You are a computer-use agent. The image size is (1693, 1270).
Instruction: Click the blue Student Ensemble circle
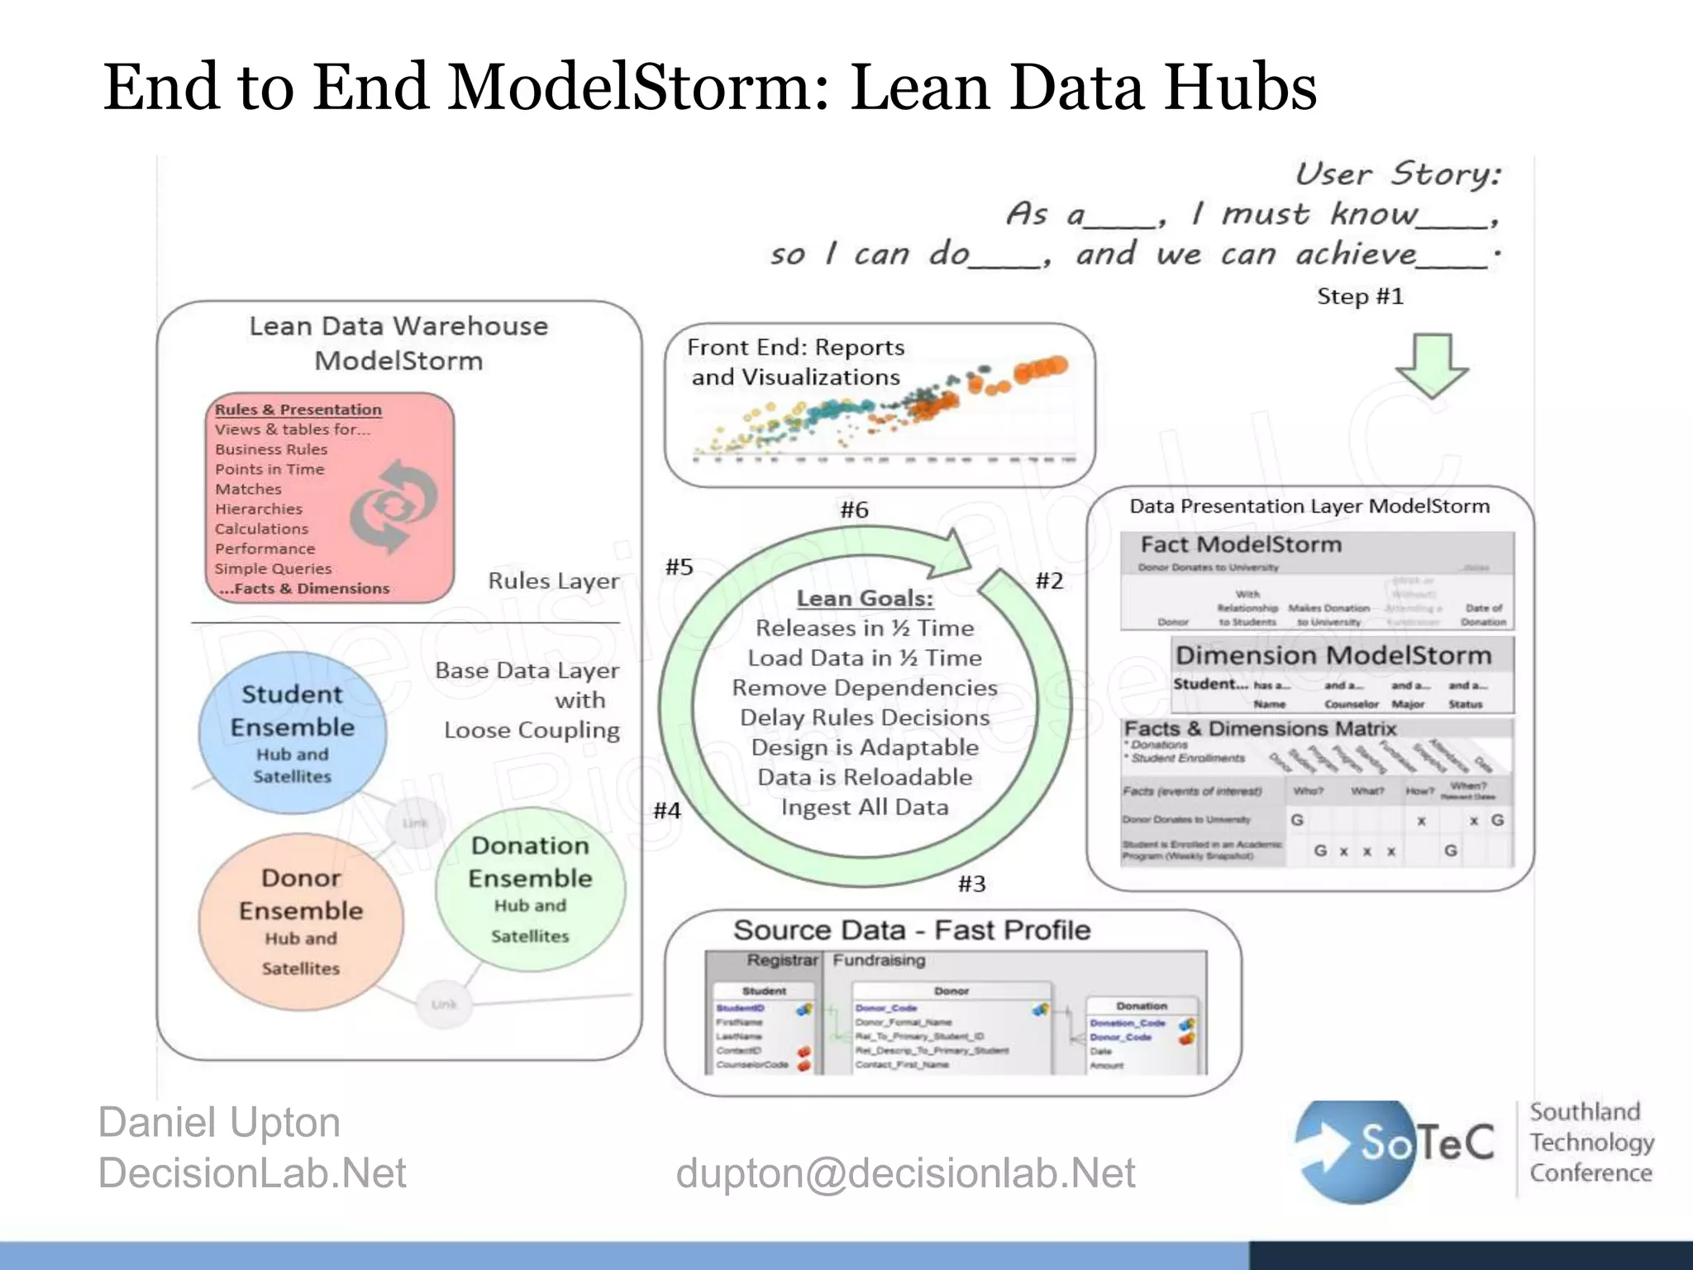(x=292, y=733)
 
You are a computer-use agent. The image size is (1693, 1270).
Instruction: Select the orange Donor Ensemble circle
(x=301, y=921)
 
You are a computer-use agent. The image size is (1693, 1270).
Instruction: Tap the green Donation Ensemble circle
(x=530, y=888)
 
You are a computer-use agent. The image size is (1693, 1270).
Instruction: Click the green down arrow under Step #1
(x=1431, y=365)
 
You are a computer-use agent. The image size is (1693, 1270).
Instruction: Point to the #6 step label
(x=854, y=509)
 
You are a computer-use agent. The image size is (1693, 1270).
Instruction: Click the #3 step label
(x=971, y=884)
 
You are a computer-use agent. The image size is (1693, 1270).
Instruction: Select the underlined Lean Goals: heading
(x=864, y=598)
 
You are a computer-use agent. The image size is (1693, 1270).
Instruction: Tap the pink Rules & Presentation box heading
(x=298, y=409)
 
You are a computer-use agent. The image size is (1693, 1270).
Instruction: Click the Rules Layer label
(x=553, y=580)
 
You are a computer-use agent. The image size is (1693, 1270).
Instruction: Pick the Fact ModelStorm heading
(x=1241, y=544)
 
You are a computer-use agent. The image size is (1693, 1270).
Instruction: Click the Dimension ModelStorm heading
(x=1333, y=655)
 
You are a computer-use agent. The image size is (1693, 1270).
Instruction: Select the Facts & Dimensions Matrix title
(x=1260, y=728)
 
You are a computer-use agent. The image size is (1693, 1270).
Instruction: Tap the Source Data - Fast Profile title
(x=912, y=929)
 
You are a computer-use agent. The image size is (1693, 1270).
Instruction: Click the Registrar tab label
(x=781, y=960)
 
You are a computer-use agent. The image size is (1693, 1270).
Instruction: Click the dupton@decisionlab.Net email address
(x=905, y=1172)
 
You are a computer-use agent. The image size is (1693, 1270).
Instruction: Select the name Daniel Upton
(x=219, y=1122)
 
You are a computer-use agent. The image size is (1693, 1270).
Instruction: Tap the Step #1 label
(x=1360, y=296)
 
